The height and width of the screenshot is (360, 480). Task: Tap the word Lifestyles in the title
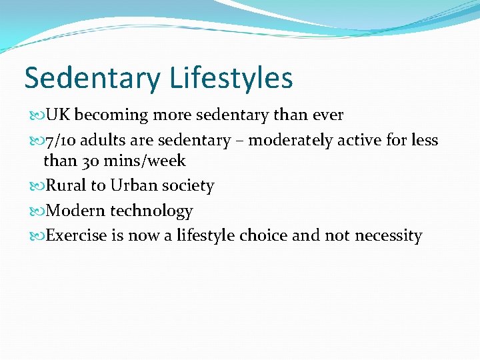pos(231,77)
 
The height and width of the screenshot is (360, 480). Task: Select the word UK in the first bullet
pos(57,115)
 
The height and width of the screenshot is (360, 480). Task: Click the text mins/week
pos(145,161)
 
